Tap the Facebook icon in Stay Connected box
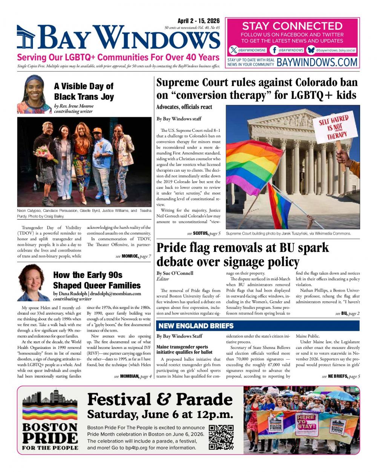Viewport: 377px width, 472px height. coord(275,50)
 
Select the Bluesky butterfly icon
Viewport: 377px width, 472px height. coord(311,50)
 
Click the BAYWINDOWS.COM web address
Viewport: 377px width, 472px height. coord(317,62)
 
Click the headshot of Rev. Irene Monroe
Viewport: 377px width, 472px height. coord(34,94)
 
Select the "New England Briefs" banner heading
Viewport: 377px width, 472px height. coord(196,326)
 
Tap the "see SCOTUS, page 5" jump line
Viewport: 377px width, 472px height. coord(204,234)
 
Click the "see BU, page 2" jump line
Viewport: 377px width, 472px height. coord(347,313)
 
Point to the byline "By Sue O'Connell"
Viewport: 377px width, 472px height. coord(175,273)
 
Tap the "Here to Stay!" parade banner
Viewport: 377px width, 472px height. coord(307,422)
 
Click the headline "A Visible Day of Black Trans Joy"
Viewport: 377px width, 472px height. coord(84,91)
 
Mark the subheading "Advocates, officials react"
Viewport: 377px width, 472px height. coord(184,107)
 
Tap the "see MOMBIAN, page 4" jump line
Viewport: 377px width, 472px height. coord(133,376)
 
